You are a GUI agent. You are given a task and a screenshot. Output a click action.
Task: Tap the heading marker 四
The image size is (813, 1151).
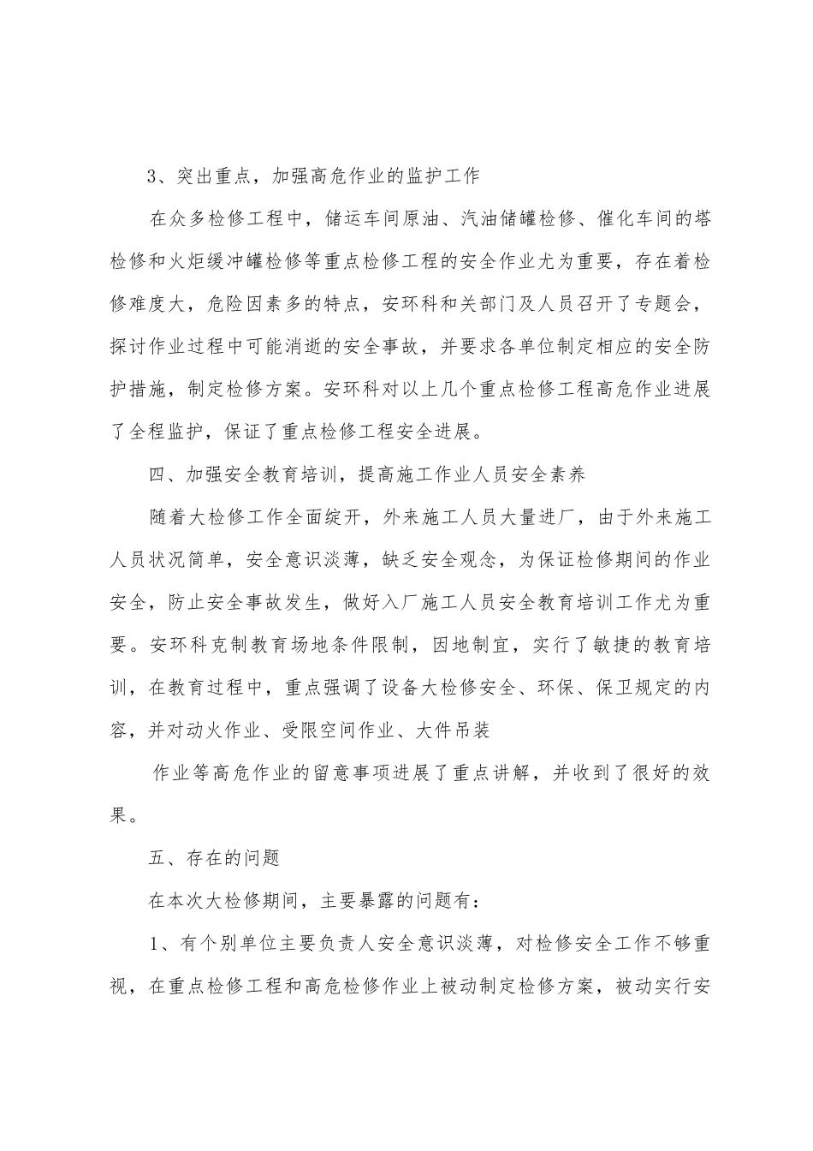tap(154, 476)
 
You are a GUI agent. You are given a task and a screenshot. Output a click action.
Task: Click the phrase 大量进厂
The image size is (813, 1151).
tap(518, 519)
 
